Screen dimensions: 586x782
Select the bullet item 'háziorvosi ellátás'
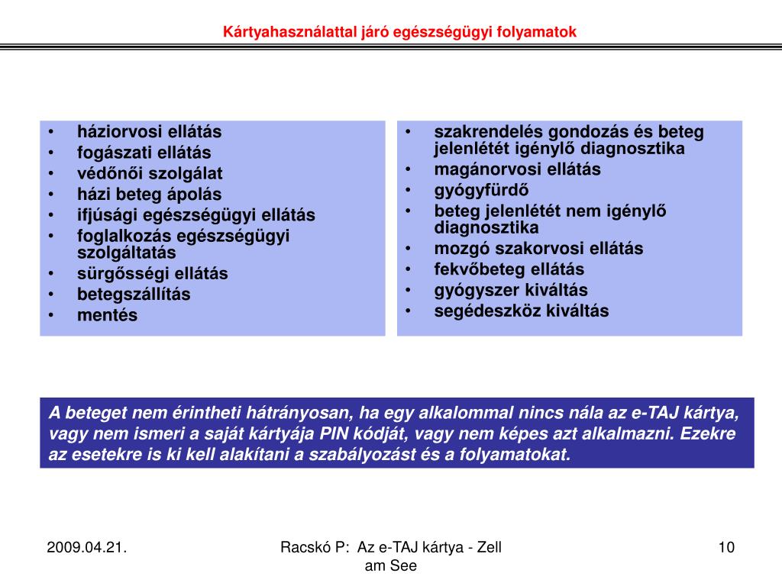tap(149, 131)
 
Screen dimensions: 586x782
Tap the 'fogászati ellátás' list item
tap(144, 153)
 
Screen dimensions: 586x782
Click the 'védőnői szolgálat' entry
tap(150, 173)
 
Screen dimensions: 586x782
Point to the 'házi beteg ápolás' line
tap(149, 194)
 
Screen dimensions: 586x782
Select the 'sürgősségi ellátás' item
tap(152, 273)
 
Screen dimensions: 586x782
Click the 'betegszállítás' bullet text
tap(134, 294)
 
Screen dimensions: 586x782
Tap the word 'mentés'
tap(108, 315)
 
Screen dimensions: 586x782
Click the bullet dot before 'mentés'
tap(50, 315)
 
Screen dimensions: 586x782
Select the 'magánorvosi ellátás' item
tap(518, 169)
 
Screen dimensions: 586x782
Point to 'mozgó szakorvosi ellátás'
tap(539, 248)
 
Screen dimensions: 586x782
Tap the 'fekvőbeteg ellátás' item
tap(509, 269)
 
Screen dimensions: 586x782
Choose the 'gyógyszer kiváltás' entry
tap(512, 290)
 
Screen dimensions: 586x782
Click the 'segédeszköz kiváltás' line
tap(522, 311)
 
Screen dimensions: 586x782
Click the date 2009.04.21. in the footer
tap(86, 547)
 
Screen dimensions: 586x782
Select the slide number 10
tap(726, 547)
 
